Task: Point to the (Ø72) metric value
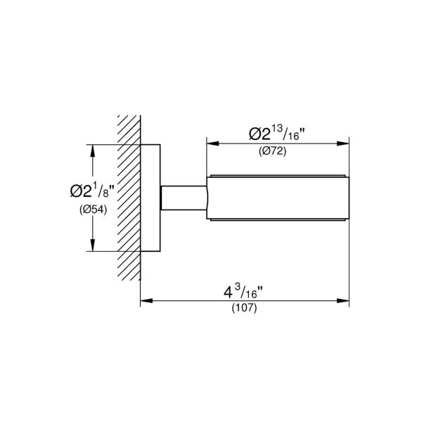pos(278,153)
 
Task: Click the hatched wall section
pos(127,197)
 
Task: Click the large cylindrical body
pos(278,197)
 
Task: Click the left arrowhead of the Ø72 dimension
pos(210,144)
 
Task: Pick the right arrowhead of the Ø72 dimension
pos(347,144)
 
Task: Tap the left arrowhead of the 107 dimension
pos(145,302)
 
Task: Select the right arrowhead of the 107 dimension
pos(347,302)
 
